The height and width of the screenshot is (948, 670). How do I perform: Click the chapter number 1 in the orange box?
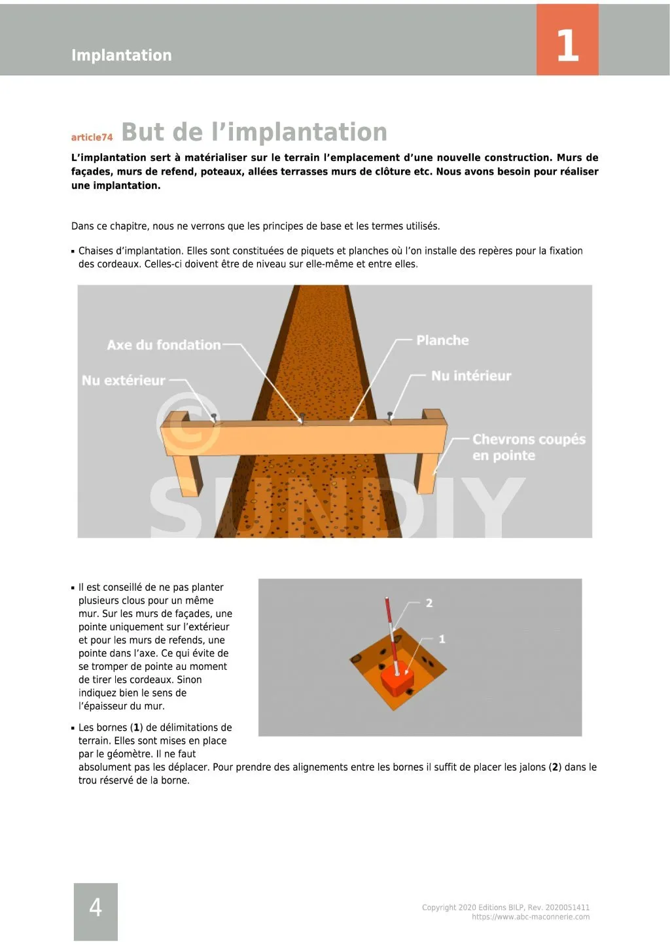pos(567,46)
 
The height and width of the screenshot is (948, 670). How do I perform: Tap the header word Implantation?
pos(121,56)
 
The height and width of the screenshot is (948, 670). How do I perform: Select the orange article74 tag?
pos(92,137)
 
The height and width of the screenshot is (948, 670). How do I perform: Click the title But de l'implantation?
pos(254,132)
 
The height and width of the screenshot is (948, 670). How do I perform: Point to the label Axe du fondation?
pos(164,345)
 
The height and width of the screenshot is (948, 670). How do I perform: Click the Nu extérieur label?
pos(123,380)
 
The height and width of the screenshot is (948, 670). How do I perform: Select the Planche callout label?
pos(442,340)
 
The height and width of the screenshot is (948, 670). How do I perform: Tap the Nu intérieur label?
pos(470,376)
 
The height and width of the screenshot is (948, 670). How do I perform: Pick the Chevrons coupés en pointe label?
pos(528,447)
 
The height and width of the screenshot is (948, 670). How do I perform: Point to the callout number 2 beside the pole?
pos(429,603)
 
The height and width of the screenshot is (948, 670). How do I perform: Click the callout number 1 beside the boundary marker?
pos(442,639)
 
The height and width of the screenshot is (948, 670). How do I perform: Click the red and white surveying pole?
pos(391,628)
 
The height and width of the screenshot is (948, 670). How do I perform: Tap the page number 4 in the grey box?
pos(96,907)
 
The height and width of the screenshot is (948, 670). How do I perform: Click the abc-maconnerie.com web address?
pos(530,917)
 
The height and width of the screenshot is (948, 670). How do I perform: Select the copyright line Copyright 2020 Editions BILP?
pos(505,907)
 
